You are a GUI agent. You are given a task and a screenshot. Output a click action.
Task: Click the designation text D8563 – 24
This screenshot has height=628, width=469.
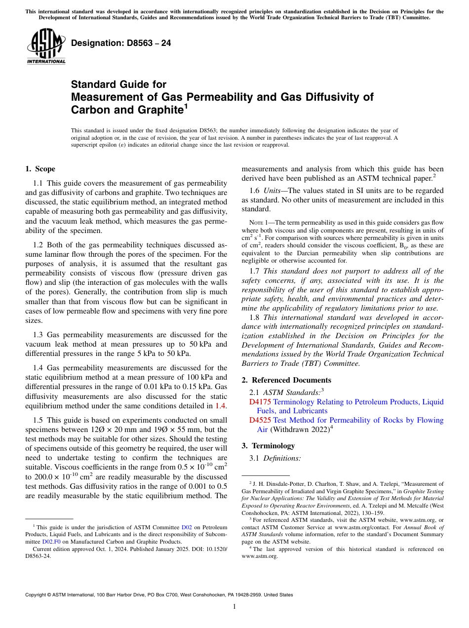pyautogui.click(x=121, y=43)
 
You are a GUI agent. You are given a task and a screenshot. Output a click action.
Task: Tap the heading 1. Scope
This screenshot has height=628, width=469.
pyautogui.click(x=40, y=169)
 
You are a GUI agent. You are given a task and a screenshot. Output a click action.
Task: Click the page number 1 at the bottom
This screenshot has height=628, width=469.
pyautogui.click(x=234, y=607)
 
